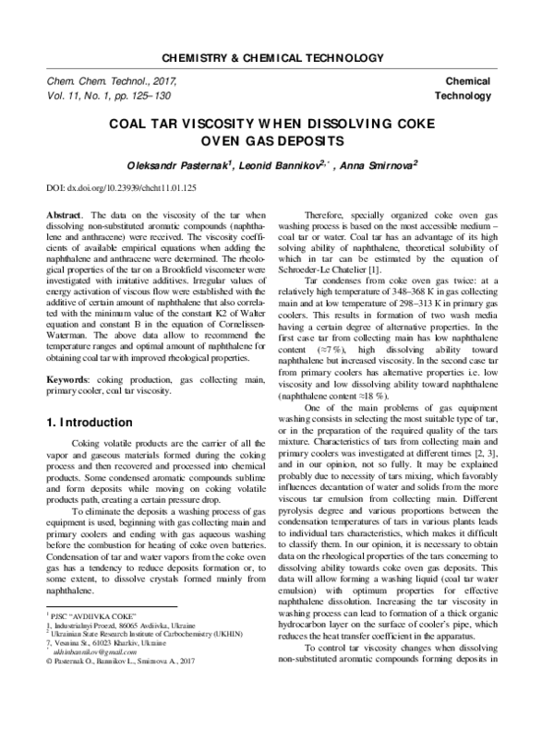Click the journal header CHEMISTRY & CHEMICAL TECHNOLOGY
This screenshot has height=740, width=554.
[276, 57]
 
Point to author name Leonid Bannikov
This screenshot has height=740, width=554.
[269, 165]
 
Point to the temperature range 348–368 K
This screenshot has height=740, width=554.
[412, 292]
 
